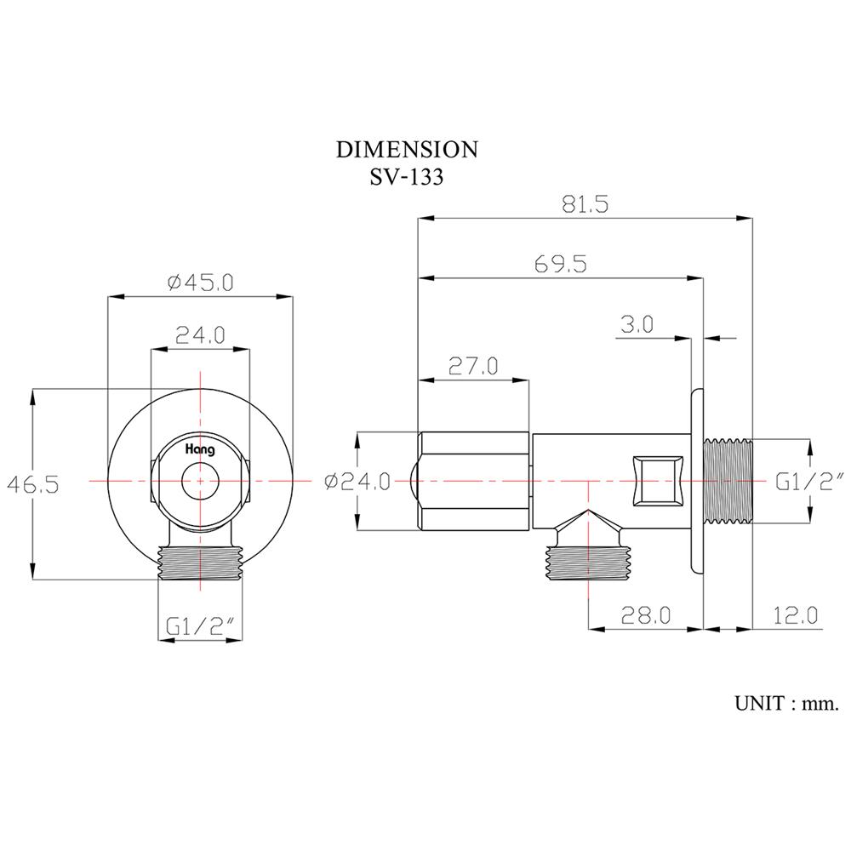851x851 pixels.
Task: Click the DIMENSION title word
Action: (407, 150)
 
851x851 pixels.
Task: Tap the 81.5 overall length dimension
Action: (585, 205)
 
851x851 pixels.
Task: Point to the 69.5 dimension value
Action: (561, 264)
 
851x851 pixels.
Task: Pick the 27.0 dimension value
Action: (473, 367)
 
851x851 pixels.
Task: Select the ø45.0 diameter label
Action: (200, 283)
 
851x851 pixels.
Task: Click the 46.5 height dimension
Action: (33, 484)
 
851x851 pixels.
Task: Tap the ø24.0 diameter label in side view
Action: (357, 483)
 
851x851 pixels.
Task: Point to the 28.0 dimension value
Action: (646, 614)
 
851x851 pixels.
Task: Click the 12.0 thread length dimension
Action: (797, 614)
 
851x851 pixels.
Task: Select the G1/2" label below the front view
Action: (201, 626)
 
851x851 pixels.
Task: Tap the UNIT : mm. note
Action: (787, 704)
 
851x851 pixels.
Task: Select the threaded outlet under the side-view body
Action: (586, 562)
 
